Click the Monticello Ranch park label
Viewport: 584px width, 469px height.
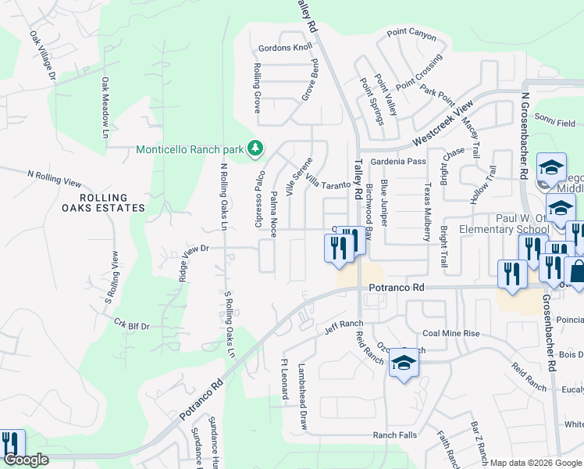click(x=190, y=149)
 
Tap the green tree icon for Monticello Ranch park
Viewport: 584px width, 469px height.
click(x=255, y=148)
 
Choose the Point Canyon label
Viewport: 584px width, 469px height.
click(x=411, y=34)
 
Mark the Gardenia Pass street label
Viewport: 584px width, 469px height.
click(x=398, y=162)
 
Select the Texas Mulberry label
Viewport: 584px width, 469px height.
click(x=427, y=209)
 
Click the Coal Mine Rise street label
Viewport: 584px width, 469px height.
click(x=450, y=333)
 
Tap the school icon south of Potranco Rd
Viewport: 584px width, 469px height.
click(x=404, y=363)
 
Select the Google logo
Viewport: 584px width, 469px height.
click(x=26, y=460)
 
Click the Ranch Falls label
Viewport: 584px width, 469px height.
click(x=394, y=435)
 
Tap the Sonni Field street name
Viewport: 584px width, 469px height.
click(x=555, y=124)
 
